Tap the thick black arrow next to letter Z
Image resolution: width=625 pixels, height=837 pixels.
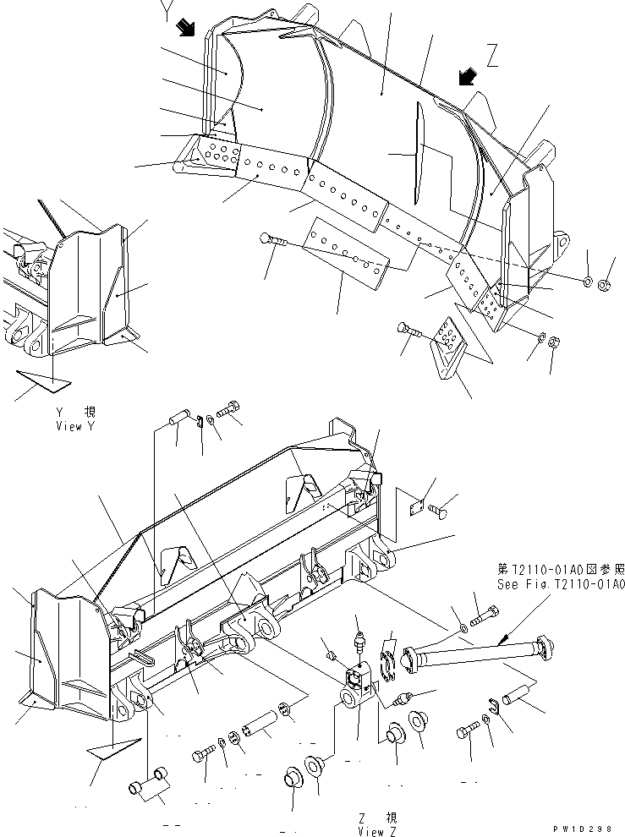(x=464, y=78)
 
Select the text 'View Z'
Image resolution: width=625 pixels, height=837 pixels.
(x=376, y=832)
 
